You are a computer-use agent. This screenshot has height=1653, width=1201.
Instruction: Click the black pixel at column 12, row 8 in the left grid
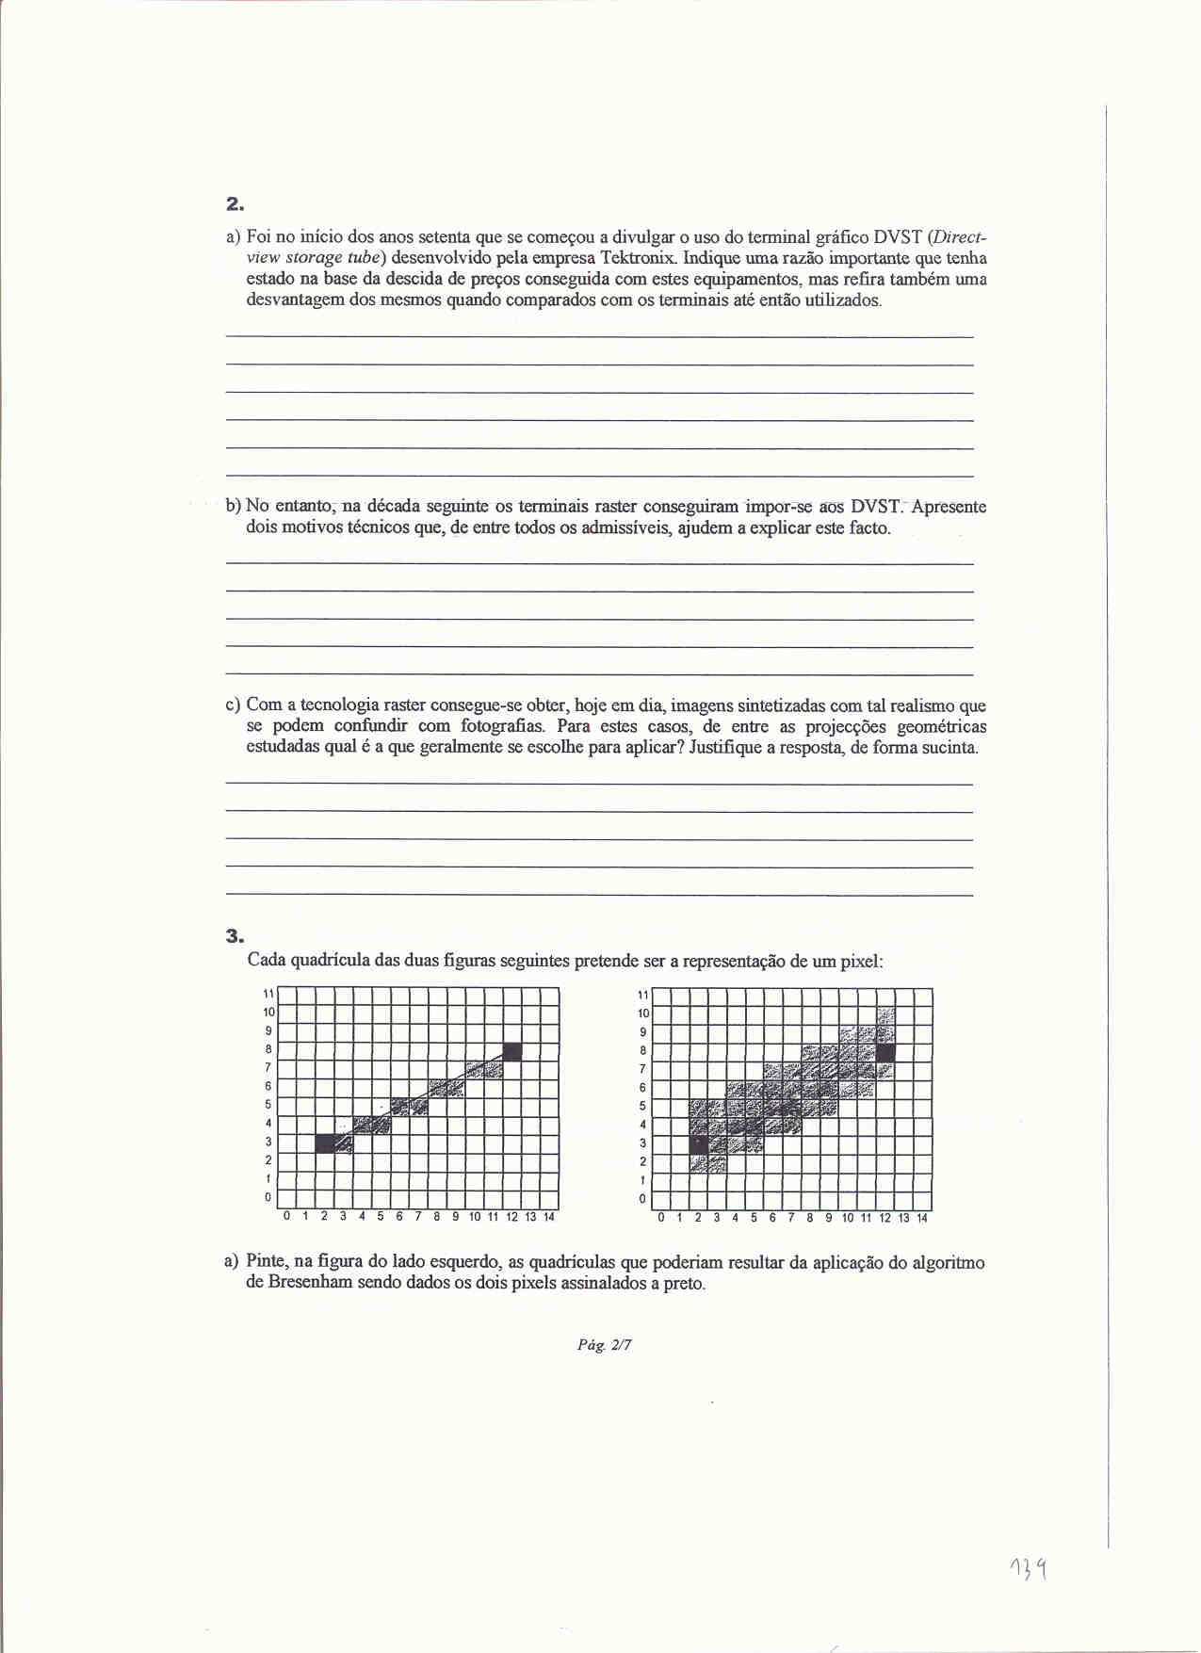(512, 1051)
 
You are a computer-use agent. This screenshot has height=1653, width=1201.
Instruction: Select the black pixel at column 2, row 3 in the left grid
(325, 1143)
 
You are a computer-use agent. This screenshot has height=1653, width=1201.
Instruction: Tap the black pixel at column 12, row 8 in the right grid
(885, 1051)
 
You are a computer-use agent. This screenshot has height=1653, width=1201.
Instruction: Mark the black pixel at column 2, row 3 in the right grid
(698, 1143)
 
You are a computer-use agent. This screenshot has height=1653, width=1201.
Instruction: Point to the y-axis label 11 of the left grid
(268, 994)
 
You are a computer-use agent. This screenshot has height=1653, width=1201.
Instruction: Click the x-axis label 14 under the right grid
(922, 1218)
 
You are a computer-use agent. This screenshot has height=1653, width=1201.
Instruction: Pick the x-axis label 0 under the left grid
(287, 1217)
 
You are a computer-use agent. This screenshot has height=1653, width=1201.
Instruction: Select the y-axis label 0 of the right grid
(643, 1199)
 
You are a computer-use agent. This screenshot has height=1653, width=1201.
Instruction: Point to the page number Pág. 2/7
(605, 1345)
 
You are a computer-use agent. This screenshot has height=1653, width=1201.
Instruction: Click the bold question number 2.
(235, 203)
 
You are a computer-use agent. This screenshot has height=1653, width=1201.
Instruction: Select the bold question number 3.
(235, 935)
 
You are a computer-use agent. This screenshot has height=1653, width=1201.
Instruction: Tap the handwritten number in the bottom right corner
(1031, 1569)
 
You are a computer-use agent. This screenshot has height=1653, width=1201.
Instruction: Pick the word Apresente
(949, 507)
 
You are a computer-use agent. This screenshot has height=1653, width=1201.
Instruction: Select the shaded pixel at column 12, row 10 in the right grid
(885, 1014)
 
